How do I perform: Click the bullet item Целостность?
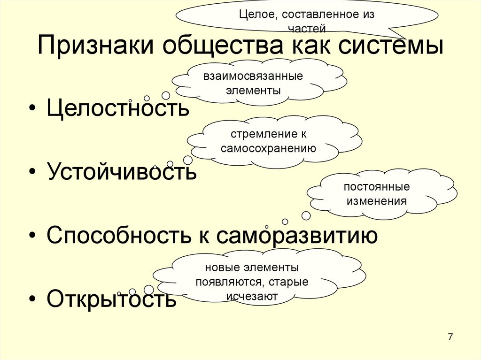[x=118, y=109]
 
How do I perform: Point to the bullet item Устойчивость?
[x=121, y=172]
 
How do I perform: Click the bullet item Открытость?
[x=112, y=299]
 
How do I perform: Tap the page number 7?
[x=450, y=337]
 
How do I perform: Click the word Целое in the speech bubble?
[x=253, y=15]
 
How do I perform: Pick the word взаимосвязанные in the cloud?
[x=253, y=76]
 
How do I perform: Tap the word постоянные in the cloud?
[x=376, y=187]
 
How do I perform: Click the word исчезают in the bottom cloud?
[x=252, y=296]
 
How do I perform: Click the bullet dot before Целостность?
[x=31, y=109]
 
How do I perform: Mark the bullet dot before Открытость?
[x=31, y=299]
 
